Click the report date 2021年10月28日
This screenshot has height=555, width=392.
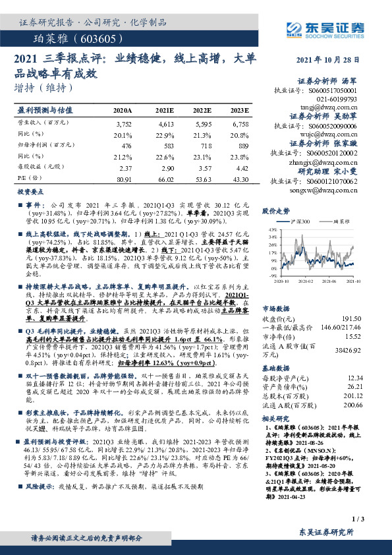(330, 60)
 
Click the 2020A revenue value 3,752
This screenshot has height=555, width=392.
(123, 124)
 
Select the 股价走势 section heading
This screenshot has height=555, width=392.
(276, 211)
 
